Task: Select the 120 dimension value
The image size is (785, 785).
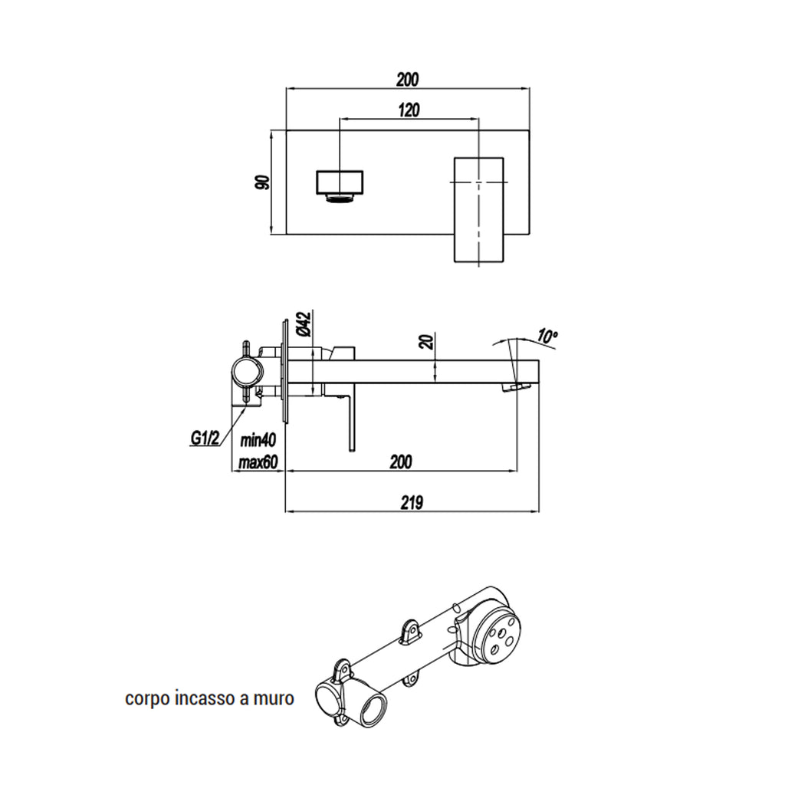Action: [x=409, y=110]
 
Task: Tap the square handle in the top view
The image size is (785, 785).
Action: [x=478, y=210]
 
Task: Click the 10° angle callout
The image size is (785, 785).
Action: [x=547, y=335]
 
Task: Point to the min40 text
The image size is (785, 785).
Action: [x=258, y=441]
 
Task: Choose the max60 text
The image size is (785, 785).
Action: [x=258, y=462]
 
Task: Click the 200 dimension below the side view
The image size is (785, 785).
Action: [x=400, y=461]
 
